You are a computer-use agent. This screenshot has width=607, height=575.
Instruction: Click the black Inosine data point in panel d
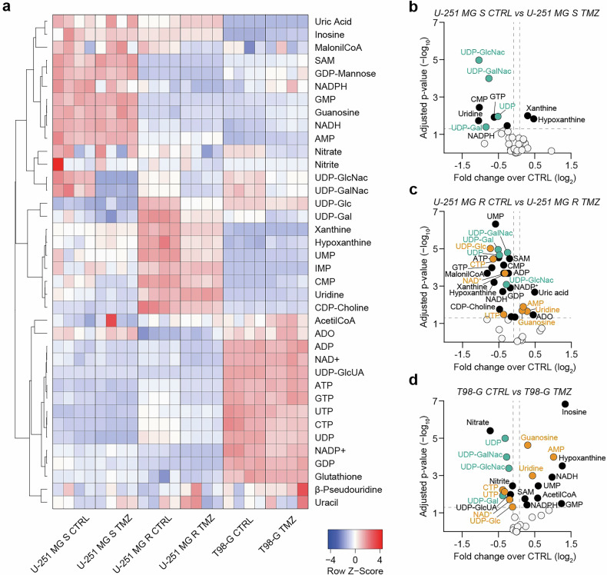point(566,404)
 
